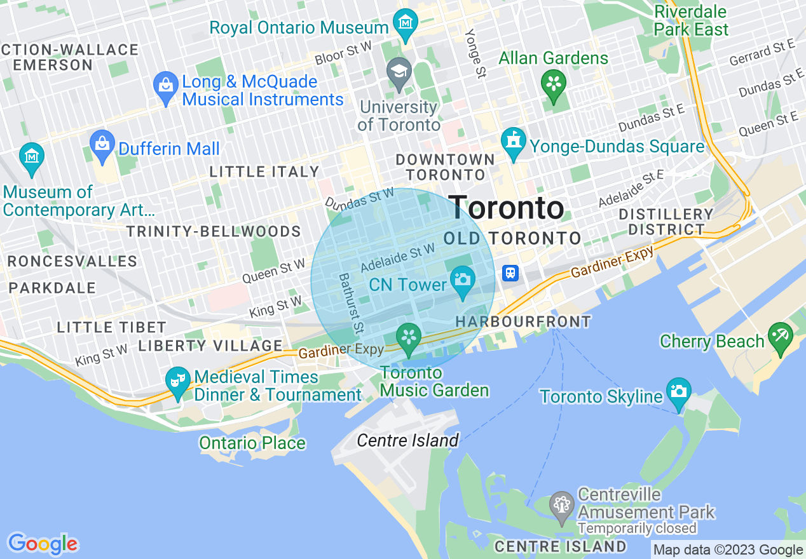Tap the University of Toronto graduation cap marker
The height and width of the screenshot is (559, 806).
coord(399,71)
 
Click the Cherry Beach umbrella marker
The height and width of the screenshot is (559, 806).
coord(780,336)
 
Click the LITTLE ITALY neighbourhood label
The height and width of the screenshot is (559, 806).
coord(264,172)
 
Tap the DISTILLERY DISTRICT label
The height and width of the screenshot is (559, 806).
coord(666,222)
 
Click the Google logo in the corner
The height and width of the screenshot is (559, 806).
coord(43,544)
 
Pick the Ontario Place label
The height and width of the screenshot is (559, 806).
coord(252,443)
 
